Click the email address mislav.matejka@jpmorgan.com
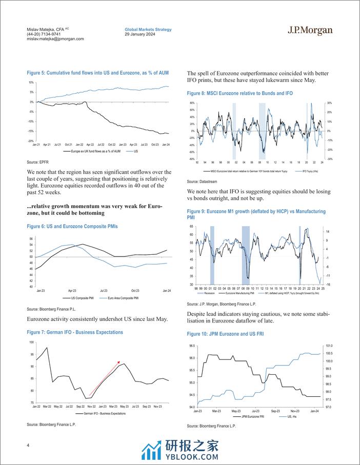pyautogui.click(x=55, y=39)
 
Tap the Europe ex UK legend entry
pyautogui.click(x=92, y=152)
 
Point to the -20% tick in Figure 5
pyautogui.click(x=31, y=141)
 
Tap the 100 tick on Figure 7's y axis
pyautogui.click(x=32, y=342)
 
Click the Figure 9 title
pyautogui.click(x=256, y=214)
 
